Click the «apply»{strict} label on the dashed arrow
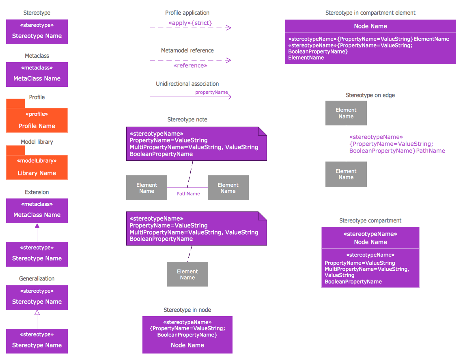coord(190,23)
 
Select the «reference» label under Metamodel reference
coord(190,66)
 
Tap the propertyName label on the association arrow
coord(211,92)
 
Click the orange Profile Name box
coord(37,120)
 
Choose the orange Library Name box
coord(37,167)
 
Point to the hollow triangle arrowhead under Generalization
coord(37,313)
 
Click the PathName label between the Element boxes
coord(188,194)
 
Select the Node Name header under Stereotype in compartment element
coord(370,26)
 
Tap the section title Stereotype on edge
coord(370,95)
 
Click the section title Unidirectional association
coord(187,84)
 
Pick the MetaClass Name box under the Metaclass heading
coord(37,74)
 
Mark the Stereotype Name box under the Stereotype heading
coord(37,32)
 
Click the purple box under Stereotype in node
coord(187,335)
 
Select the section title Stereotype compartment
coord(370,221)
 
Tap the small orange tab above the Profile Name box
coord(15,103)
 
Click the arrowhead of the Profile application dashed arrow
coord(229,28)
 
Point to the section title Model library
coord(37,142)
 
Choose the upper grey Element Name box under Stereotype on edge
coord(346,113)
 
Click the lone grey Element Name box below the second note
coord(187,274)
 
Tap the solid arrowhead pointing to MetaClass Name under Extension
coord(37,226)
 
